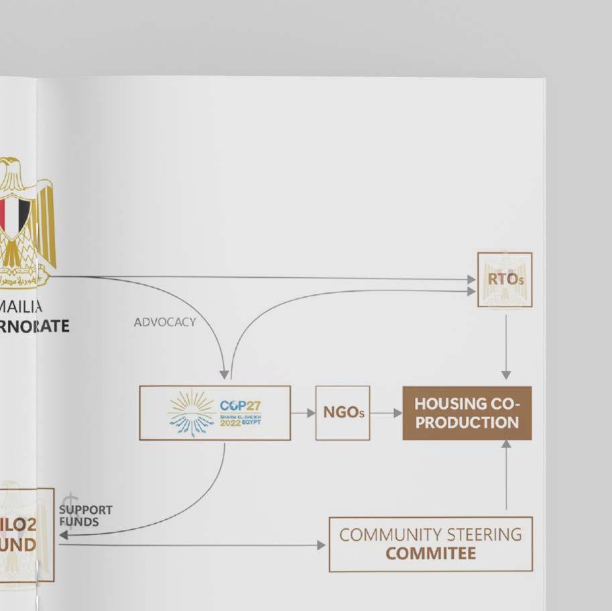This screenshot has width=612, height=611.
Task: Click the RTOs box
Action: coord(505,280)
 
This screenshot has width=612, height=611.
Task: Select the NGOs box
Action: coord(343,413)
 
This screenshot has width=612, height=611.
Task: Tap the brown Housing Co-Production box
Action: coord(467,413)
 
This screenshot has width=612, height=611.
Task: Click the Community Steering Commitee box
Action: coord(430,544)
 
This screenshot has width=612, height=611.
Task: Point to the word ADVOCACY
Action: coord(165,323)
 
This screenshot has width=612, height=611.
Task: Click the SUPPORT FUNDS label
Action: coord(85,516)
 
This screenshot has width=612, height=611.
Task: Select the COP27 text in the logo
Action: coord(240,406)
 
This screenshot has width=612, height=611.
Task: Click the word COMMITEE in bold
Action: coord(430,554)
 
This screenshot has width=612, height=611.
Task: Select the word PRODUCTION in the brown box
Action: coord(467,423)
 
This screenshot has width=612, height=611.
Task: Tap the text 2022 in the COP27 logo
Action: coord(230,423)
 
